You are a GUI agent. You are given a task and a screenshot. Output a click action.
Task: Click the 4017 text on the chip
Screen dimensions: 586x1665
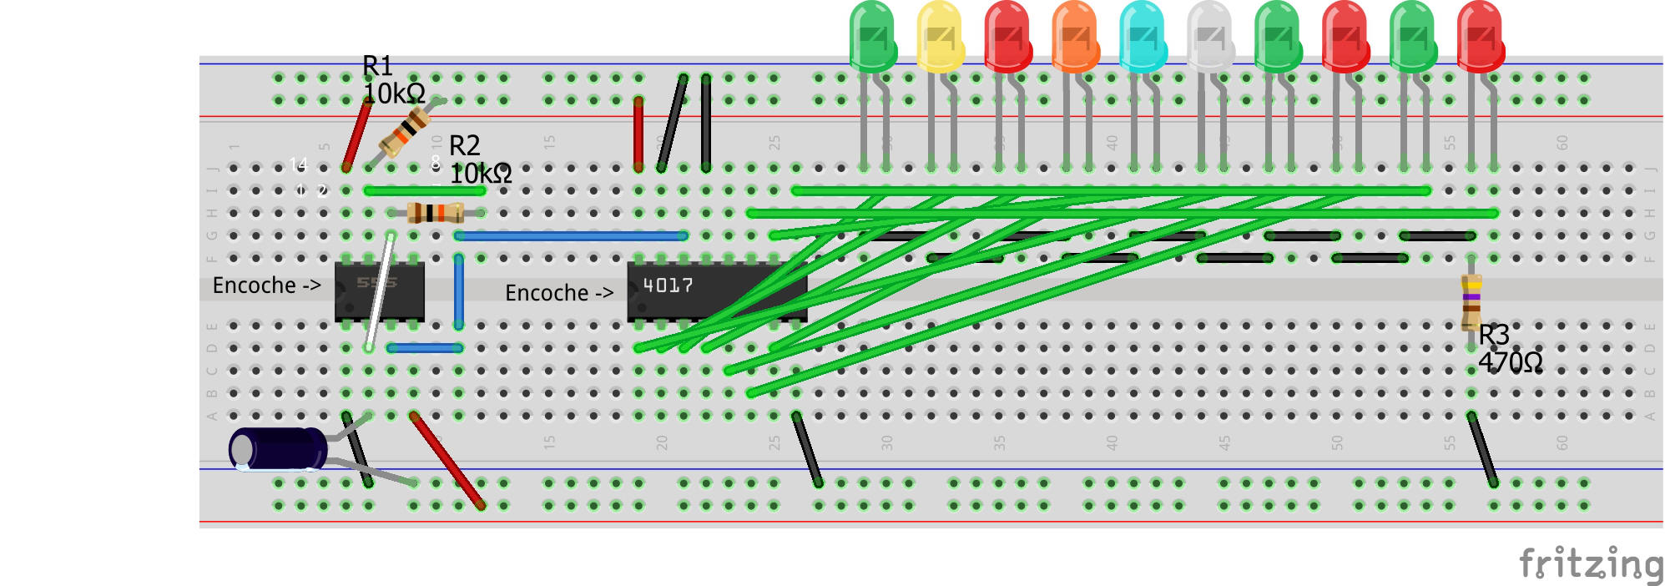pyautogui.click(x=668, y=285)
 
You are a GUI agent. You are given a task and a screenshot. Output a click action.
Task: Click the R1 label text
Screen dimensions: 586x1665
pyautogui.click(x=377, y=66)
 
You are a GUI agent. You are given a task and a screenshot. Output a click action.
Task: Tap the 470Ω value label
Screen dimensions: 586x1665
pyautogui.click(x=1510, y=362)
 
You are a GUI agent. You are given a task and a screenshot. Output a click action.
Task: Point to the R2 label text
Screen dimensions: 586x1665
pyautogui.click(x=465, y=146)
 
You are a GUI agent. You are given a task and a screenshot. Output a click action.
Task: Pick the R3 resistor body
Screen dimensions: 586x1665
pyautogui.click(x=1471, y=301)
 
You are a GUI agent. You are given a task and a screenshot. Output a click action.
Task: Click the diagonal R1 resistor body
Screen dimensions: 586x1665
pyautogui.click(x=406, y=132)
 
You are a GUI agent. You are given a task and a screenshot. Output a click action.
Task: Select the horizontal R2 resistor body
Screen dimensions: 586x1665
pyautogui.click(x=435, y=213)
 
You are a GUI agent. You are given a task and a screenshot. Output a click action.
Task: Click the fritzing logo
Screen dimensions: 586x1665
pyautogui.click(x=1590, y=565)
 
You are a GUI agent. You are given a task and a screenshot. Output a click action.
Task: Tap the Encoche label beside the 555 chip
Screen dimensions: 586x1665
pyautogui.click(x=266, y=285)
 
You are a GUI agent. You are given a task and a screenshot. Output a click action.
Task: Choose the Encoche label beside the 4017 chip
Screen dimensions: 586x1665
pyautogui.click(x=558, y=293)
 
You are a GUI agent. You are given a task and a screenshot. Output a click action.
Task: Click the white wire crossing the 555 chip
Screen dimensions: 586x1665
pyautogui.click(x=380, y=292)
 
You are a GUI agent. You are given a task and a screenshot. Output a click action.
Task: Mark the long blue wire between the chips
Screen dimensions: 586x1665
pyautogui.click(x=572, y=236)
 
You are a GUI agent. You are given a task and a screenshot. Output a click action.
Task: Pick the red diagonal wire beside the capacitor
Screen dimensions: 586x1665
pyautogui.click(x=447, y=461)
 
